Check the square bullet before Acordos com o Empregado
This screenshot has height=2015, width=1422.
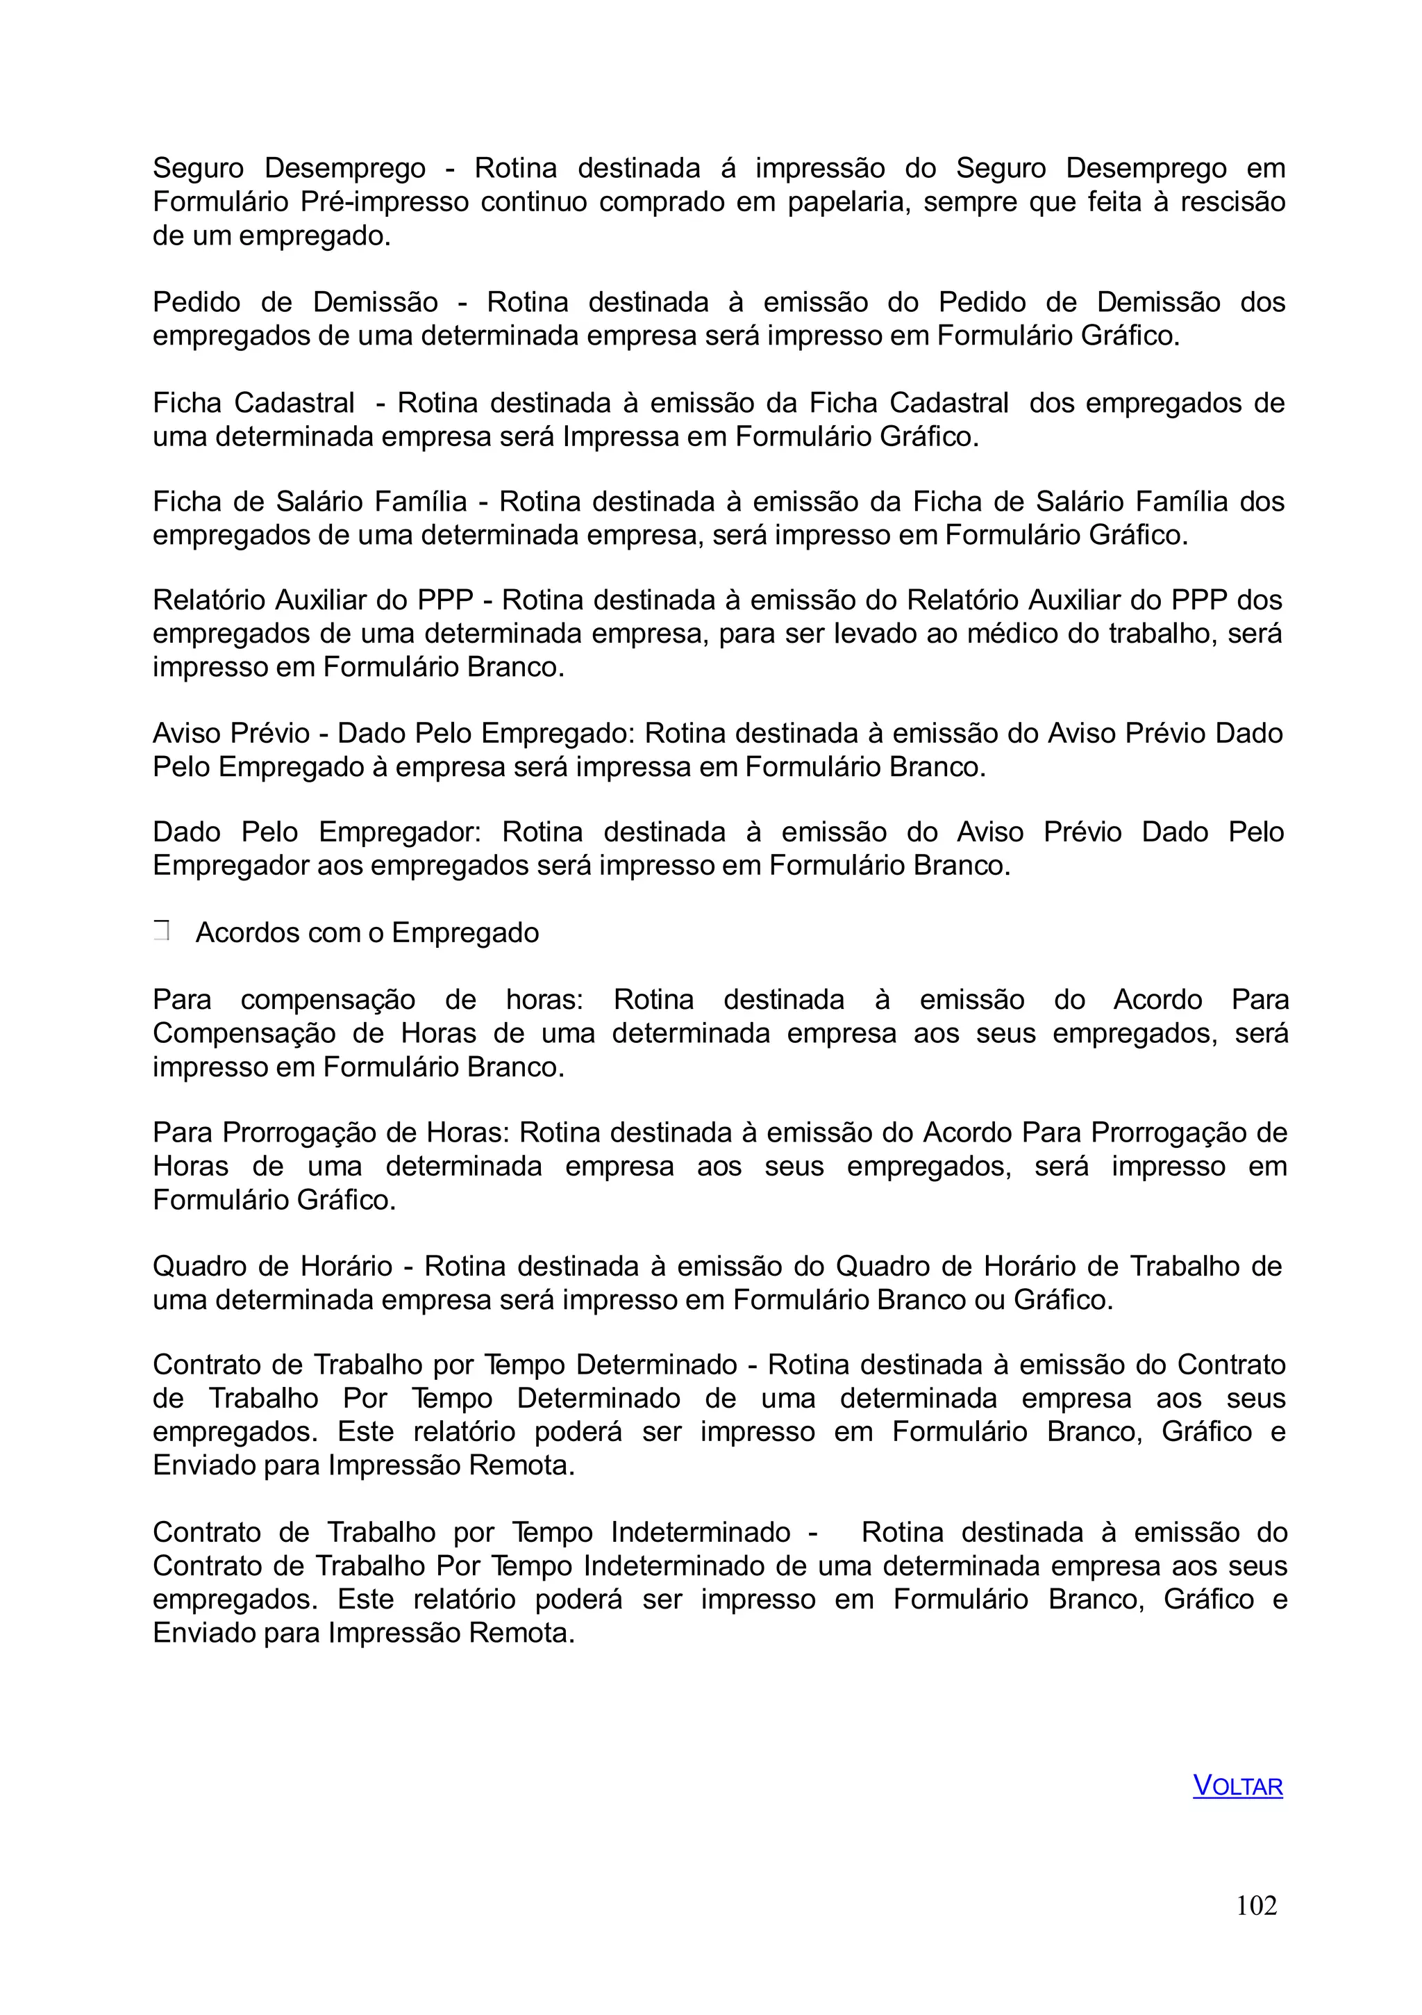(x=160, y=931)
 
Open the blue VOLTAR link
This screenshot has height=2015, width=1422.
(x=1237, y=1786)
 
